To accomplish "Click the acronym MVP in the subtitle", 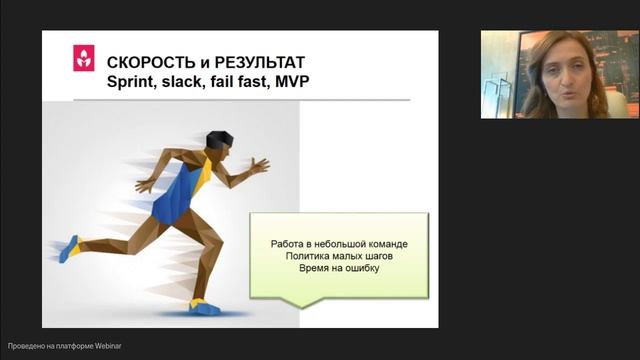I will [x=289, y=82].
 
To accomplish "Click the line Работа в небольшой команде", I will [x=338, y=244].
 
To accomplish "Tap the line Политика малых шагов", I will [x=338, y=256].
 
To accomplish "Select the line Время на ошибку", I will [x=338, y=268].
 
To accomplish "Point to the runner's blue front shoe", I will [x=205, y=307].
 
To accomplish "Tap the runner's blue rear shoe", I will [x=68, y=248].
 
